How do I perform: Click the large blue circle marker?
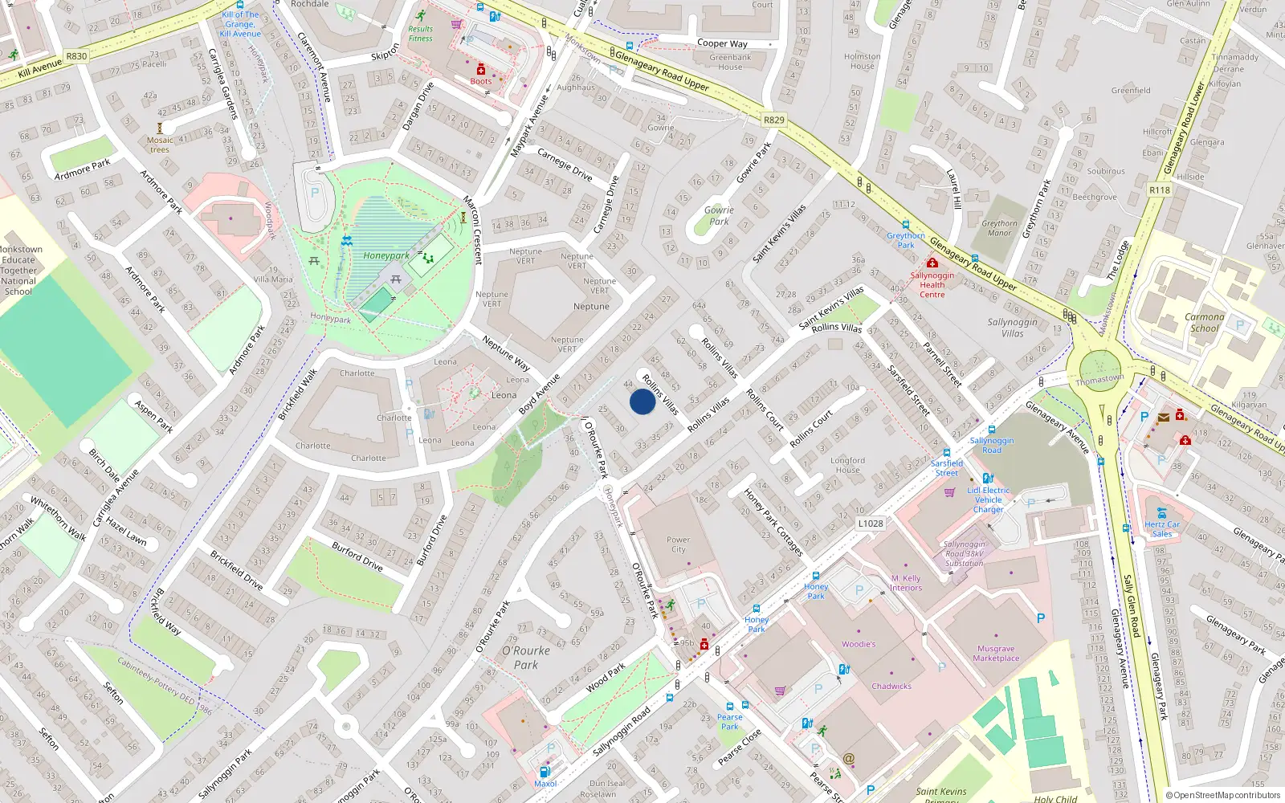[x=642, y=401]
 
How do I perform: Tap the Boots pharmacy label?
[x=481, y=81]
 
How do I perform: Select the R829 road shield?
[x=773, y=120]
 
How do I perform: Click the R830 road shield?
[x=76, y=56]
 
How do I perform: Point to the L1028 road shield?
[x=871, y=524]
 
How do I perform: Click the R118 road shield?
[x=1160, y=190]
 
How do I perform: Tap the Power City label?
[x=678, y=544]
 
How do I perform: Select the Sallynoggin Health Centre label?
[x=932, y=284]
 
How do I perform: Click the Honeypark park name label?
[x=386, y=255]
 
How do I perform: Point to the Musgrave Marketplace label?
[x=996, y=653]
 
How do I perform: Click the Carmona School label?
[x=1204, y=322]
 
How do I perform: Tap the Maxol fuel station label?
[x=545, y=784]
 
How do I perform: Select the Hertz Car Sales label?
[x=1162, y=529]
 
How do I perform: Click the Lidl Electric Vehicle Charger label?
[x=989, y=499]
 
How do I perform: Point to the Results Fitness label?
[x=420, y=34]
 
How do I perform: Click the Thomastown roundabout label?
[x=1099, y=379]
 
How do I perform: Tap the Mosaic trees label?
[x=160, y=145]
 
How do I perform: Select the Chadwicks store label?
[x=891, y=686]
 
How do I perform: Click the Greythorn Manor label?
[x=999, y=228]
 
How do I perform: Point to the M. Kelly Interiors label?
[x=906, y=583]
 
